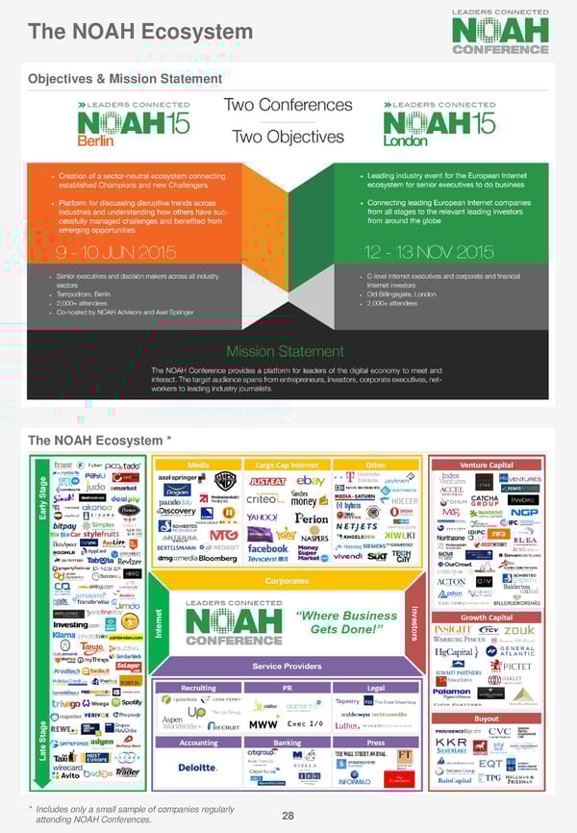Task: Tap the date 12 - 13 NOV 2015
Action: pos(429,253)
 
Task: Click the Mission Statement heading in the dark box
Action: pos(285,351)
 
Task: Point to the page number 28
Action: pos(288,816)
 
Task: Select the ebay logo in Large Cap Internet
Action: pos(311,480)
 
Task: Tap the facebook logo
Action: pos(268,548)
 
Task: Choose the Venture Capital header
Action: pos(487,465)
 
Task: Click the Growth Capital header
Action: pos(487,618)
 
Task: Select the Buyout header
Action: pos(487,719)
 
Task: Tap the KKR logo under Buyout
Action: pos(451,744)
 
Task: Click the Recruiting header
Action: pos(198,689)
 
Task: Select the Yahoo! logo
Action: pos(263,517)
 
